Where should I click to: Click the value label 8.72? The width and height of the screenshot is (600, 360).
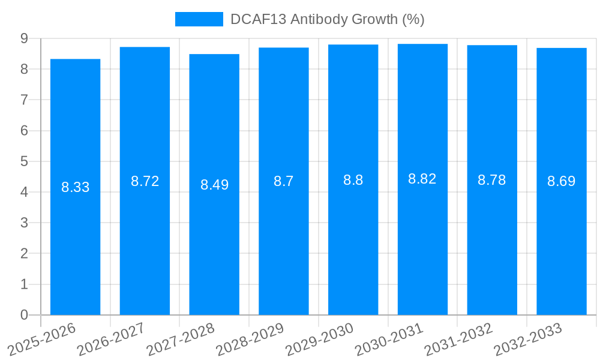[x=145, y=181]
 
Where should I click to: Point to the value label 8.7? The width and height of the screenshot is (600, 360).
[x=284, y=181]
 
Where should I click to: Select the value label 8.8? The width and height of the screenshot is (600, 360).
[x=353, y=180]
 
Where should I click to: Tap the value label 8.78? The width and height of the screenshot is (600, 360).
[x=491, y=180]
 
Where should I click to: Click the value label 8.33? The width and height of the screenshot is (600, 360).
[x=75, y=187]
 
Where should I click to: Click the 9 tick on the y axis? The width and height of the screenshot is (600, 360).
[x=24, y=38]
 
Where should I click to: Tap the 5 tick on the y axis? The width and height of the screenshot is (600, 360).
[x=24, y=161]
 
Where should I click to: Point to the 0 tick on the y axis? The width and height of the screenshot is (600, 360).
[x=24, y=315]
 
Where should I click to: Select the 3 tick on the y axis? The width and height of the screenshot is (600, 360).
[x=24, y=223]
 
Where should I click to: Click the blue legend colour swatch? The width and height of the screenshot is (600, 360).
[x=199, y=19]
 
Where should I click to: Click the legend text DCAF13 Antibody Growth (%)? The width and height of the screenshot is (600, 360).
[x=327, y=19]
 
